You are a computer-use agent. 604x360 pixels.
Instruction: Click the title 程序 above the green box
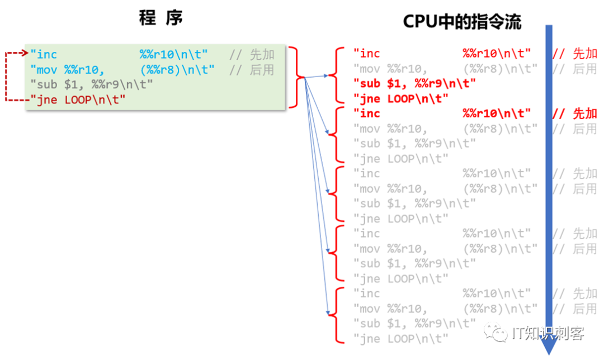(x=161, y=19)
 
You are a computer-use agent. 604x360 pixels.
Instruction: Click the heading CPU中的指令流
(x=462, y=22)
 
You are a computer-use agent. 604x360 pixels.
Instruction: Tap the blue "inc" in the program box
(x=44, y=55)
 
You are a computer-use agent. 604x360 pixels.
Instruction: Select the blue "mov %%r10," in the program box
(x=68, y=70)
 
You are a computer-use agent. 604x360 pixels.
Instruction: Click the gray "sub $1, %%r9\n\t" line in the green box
(x=92, y=85)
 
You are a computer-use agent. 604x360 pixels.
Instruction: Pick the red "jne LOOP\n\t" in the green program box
(x=78, y=100)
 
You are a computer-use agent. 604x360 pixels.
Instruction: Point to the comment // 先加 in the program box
(x=252, y=55)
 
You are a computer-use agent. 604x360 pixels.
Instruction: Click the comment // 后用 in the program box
(x=252, y=70)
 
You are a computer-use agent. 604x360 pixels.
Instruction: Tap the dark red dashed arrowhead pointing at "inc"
(x=24, y=54)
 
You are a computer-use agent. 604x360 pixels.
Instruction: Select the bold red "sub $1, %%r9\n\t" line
(x=414, y=84)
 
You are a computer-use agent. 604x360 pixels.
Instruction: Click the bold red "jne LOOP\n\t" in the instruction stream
(x=401, y=99)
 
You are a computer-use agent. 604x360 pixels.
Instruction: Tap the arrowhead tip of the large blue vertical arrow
(x=549, y=351)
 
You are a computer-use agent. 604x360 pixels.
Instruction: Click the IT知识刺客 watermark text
(x=548, y=334)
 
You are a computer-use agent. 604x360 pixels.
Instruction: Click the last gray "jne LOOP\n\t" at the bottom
(x=401, y=339)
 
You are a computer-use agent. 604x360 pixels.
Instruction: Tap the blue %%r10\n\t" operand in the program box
(x=174, y=55)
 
